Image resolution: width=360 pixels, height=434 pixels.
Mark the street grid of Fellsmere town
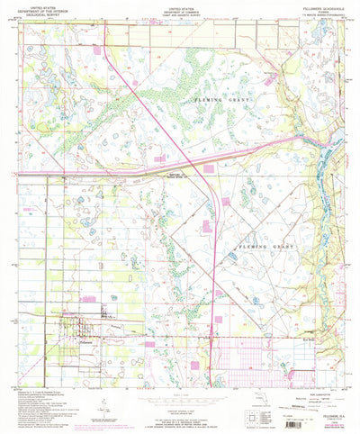81,317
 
